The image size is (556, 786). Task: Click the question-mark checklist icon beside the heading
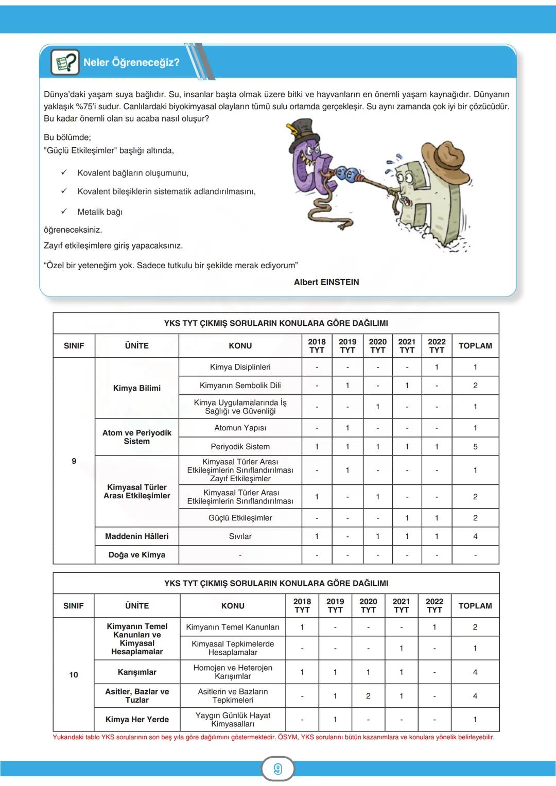pos(65,62)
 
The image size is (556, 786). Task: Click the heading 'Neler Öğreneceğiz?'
pos(131,62)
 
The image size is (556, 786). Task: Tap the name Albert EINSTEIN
pos(326,282)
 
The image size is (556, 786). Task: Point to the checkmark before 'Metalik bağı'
pos(64,211)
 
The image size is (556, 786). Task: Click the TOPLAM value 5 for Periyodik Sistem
pos(475,446)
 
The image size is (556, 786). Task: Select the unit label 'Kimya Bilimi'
pos(137,388)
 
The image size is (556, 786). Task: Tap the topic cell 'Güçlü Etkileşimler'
pos(240,517)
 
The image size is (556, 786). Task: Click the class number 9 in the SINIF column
pos(74,461)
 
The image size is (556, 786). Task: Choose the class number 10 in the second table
pos(74,674)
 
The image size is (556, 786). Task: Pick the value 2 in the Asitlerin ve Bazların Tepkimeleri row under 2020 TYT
pos(368,695)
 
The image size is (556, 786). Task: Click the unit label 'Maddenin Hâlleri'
pos(137,536)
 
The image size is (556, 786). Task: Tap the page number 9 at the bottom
pos(278,769)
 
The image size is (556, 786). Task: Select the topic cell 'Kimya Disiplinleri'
pos(240,366)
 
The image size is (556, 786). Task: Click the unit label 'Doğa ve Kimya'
pos(137,554)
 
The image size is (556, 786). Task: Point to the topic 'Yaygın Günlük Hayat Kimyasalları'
pos(233,719)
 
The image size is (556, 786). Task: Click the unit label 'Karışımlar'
pos(137,672)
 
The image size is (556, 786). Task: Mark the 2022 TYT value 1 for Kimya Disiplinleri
pos(437,366)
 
